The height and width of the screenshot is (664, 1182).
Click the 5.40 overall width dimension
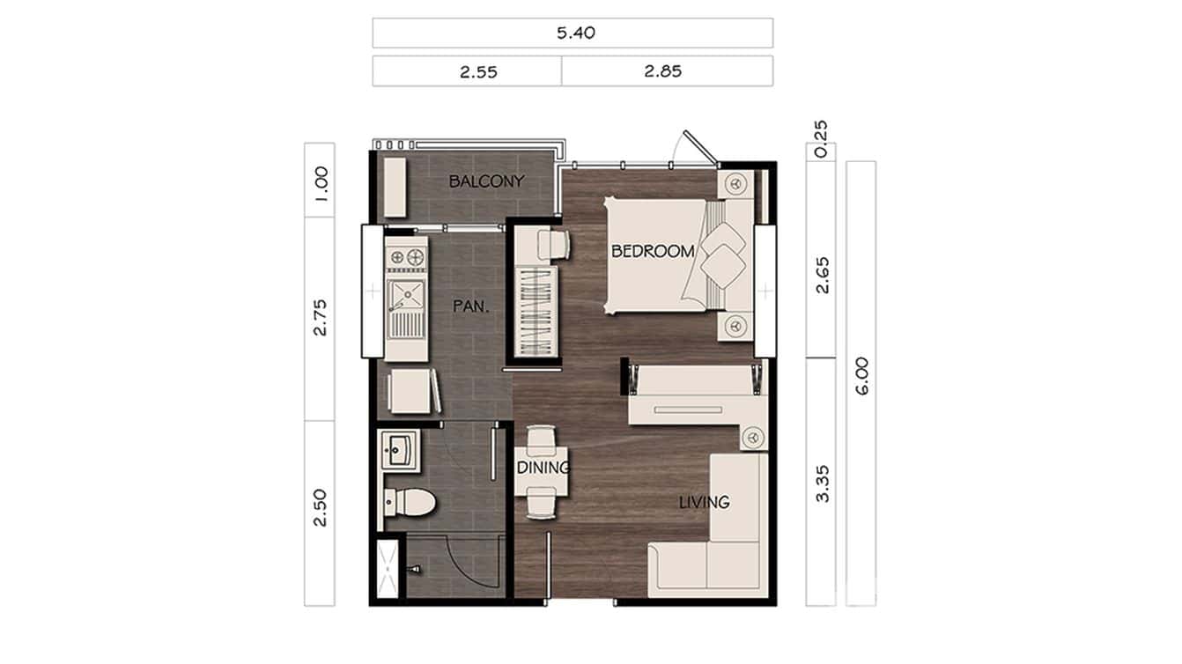tap(573, 33)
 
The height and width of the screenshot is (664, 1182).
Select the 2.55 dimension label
tap(478, 72)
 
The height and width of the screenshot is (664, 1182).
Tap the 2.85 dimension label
tap(662, 72)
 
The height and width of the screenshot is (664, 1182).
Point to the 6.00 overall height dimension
tap(861, 375)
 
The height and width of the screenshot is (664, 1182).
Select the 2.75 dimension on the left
tap(320, 317)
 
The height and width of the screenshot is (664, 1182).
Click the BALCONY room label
tap(486, 182)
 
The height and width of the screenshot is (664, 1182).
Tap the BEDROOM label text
tap(653, 252)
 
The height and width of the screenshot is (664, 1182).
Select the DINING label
tap(543, 468)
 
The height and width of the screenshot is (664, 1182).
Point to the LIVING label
tap(704, 502)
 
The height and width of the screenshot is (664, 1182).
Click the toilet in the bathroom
tap(410, 503)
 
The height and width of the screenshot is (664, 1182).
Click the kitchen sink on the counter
tap(406, 295)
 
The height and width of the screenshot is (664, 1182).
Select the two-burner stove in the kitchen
tap(406, 257)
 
